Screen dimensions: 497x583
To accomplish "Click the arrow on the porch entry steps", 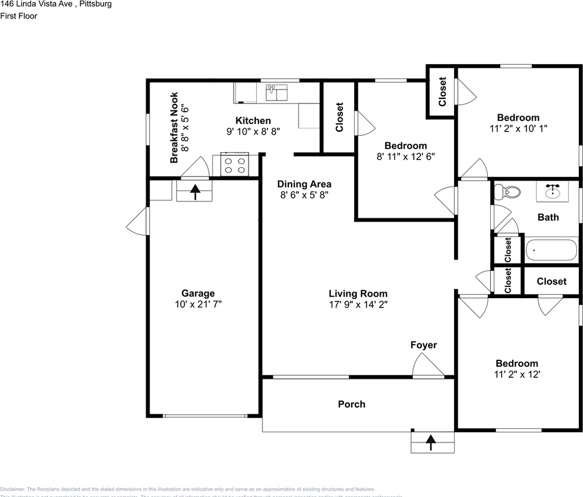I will (x=430, y=442).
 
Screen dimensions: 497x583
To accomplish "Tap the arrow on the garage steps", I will (x=195, y=192).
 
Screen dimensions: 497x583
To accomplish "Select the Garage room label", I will (x=198, y=294).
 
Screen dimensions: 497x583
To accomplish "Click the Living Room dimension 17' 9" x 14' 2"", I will (x=358, y=305).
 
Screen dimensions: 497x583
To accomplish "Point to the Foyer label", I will (x=424, y=345).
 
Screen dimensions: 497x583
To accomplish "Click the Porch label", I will (x=352, y=404).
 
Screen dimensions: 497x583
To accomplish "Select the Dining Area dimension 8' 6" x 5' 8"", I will (x=304, y=195).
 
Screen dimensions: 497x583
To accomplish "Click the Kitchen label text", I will (x=253, y=121).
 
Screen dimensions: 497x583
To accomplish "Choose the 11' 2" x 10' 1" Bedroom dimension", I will (x=518, y=128).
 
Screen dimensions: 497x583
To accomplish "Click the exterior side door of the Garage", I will (x=138, y=221).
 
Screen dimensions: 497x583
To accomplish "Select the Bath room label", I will (x=548, y=217).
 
